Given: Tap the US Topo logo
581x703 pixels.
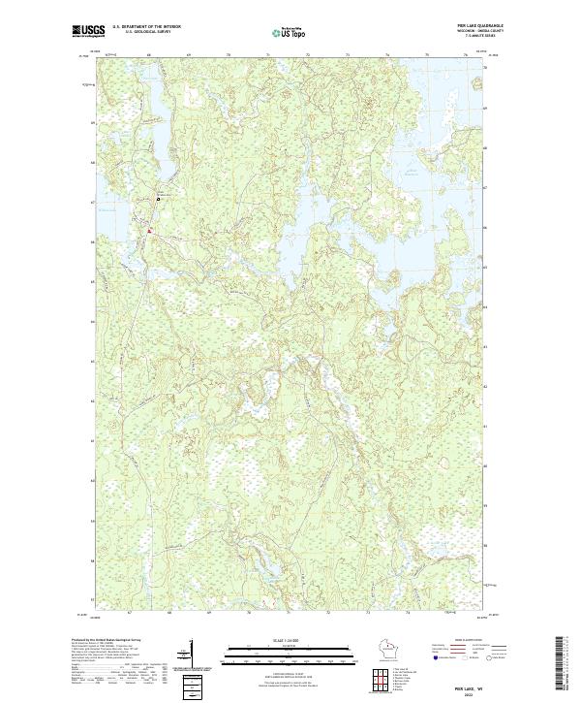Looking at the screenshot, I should [287, 32].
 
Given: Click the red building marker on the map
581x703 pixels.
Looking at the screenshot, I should [149, 231].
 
